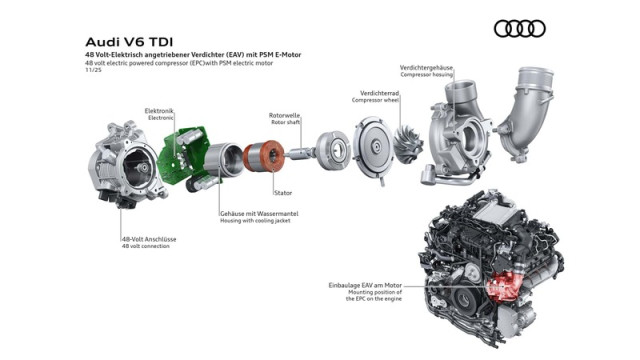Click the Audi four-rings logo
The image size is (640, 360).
[x=520, y=28]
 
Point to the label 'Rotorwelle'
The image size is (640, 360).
[x=285, y=115]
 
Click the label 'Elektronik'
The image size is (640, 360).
[x=160, y=110]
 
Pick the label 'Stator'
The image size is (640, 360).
[x=283, y=191]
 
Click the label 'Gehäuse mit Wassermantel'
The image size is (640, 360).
[x=259, y=214]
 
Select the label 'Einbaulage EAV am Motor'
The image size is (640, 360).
[x=346, y=285]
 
